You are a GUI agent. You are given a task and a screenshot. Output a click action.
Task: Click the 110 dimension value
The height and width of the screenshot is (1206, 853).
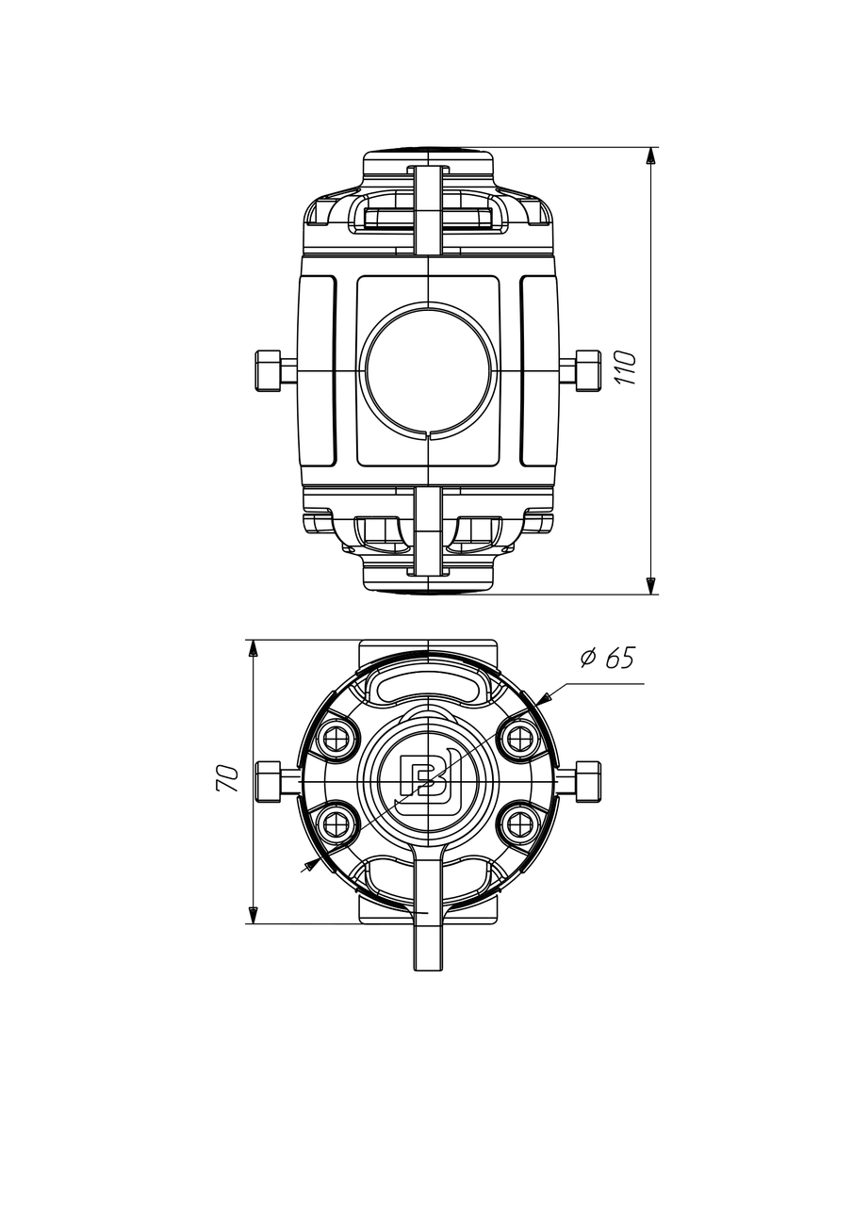(626, 367)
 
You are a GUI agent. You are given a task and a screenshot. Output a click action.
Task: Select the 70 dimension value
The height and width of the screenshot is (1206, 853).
(227, 778)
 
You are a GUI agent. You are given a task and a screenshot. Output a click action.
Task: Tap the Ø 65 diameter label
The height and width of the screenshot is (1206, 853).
(608, 658)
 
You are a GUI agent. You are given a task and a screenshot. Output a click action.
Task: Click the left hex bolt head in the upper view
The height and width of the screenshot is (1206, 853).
(268, 370)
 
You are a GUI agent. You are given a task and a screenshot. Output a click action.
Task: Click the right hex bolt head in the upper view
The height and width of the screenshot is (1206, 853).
(588, 370)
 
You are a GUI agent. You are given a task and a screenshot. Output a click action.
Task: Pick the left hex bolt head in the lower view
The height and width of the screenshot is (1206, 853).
(268, 781)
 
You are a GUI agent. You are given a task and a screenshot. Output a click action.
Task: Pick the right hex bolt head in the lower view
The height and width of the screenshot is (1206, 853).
(588, 781)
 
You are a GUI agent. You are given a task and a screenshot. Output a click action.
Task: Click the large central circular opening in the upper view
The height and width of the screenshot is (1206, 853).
(428, 370)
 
